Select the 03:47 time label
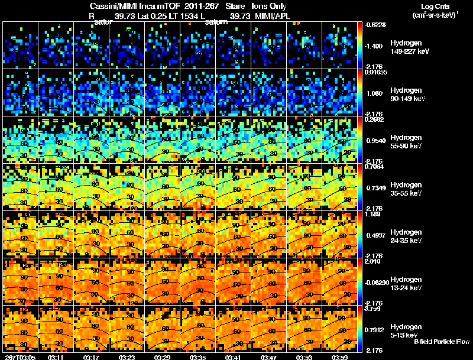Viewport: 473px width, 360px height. click(268, 357)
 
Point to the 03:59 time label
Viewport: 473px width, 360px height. click(339, 357)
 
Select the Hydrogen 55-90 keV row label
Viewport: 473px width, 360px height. click(407, 142)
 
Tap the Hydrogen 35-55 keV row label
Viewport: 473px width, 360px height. click(407, 189)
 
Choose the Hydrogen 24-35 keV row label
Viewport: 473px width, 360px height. click(407, 236)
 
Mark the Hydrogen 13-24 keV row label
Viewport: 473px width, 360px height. click(407, 283)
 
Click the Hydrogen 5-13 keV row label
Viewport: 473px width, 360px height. click(406, 330)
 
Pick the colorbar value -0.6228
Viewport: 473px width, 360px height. click(376, 24)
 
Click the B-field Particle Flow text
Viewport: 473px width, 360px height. click(442, 342)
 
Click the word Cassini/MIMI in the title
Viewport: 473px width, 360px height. click(111, 5)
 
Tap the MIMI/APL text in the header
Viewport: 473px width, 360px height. click(273, 15)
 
